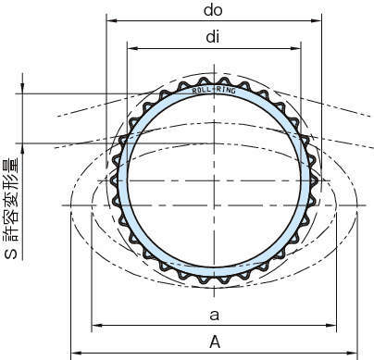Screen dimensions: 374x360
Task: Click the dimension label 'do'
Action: [x=213, y=10]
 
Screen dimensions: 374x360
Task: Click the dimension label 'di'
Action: [x=213, y=37]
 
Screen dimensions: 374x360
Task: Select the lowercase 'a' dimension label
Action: [x=214, y=316]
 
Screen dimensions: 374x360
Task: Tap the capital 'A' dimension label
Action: [x=215, y=341]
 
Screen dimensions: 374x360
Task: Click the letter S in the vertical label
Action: [x=12, y=254]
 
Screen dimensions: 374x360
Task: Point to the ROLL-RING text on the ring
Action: [x=214, y=90]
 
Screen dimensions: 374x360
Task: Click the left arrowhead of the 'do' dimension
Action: [x=111, y=20]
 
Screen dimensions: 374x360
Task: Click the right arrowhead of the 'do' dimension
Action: [x=316, y=20]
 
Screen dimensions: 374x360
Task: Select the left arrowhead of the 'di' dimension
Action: [x=132, y=48]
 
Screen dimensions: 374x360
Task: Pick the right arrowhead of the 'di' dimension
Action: [x=295, y=48]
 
